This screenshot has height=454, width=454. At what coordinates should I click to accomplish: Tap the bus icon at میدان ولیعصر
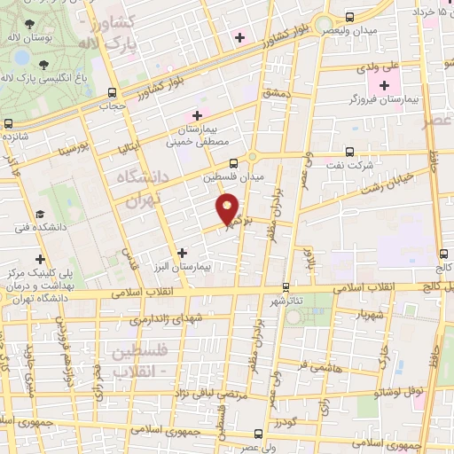(349, 17)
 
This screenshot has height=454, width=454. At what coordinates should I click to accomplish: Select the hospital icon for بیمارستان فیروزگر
(384, 86)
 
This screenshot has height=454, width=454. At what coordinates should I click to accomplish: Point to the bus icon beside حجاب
(111, 91)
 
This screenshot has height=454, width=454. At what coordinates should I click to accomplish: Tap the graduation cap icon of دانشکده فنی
(40, 215)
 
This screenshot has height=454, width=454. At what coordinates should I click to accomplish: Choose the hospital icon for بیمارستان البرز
(182, 253)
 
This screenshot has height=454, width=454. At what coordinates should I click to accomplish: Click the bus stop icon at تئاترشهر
(286, 287)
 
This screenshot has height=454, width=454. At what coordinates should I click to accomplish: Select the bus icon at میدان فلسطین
(232, 163)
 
